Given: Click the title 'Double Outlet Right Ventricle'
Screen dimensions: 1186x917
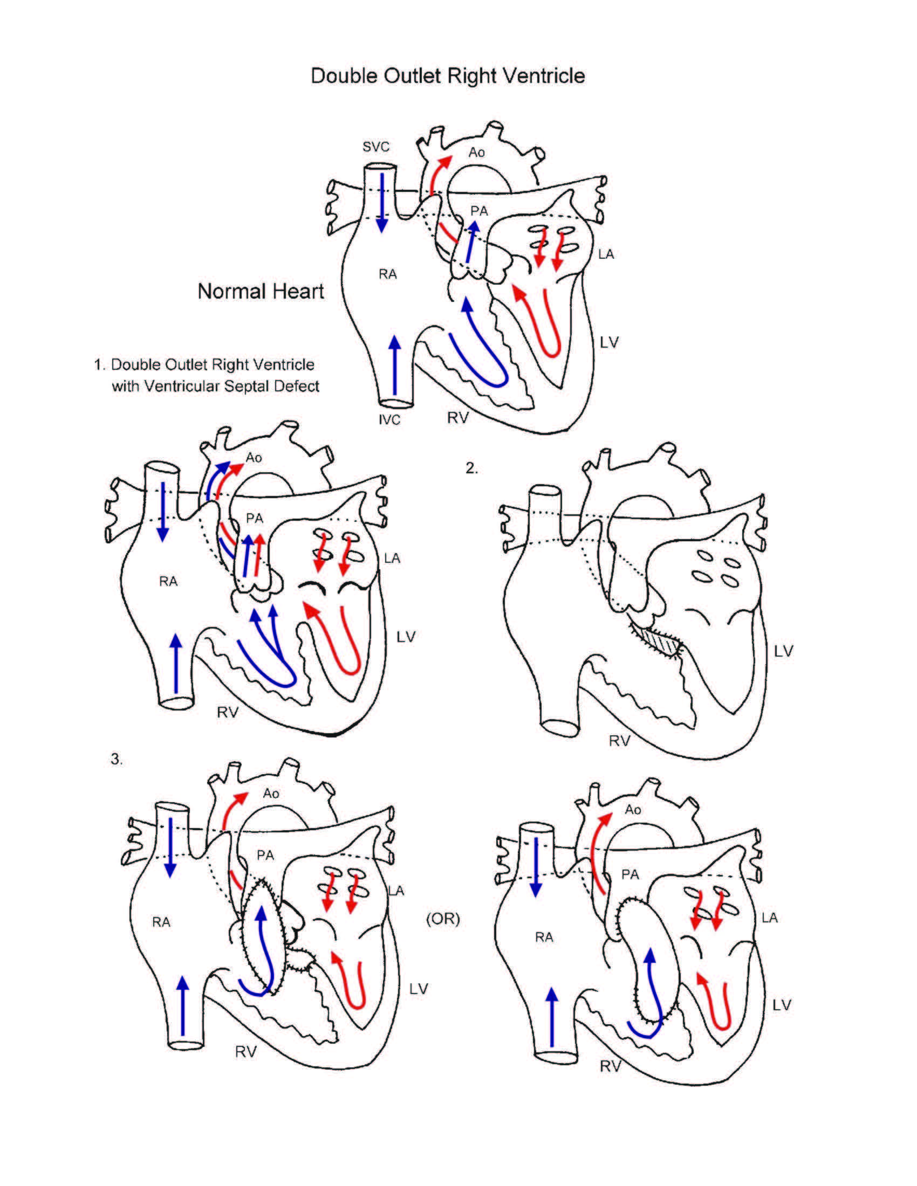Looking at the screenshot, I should click(x=448, y=75).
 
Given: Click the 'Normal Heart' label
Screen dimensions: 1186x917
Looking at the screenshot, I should click(x=260, y=292).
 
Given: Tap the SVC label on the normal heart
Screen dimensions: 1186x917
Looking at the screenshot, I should click(x=376, y=147).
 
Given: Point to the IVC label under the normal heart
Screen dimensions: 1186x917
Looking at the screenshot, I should click(x=389, y=420).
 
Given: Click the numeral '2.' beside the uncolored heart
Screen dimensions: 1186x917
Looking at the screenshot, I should click(x=472, y=468).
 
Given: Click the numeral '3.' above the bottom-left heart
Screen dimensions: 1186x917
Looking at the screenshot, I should click(x=117, y=759).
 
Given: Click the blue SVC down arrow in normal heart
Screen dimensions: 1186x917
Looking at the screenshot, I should click(x=382, y=204).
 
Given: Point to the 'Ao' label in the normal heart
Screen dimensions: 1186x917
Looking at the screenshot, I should click(x=476, y=153).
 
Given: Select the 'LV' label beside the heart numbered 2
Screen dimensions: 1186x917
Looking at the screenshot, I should click(x=783, y=651).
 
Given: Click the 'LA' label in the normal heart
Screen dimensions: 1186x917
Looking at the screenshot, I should click(x=606, y=254).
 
